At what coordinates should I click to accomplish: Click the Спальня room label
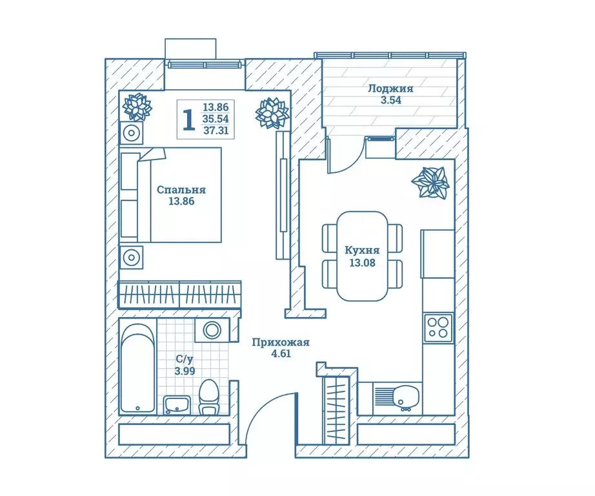pyautogui.click(x=181, y=189)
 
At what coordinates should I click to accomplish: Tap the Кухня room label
pyautogui.click(x=362, y=251)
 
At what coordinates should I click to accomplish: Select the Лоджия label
pyautogui.click(x=390, y=89)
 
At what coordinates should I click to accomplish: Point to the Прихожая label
pyautogui.click(x=281, y=342)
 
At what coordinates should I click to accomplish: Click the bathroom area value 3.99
pyautogui.click(x=185, y=371)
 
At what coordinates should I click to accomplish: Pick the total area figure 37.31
pyautogui.click(x=216, y=131)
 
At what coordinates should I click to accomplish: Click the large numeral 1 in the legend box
pyautogui.click(x=188, y=119)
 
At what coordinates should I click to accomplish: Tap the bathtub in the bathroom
pyautogui.click(x=137, y=368)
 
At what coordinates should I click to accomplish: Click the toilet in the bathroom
pyautogui.click(x=209, y=397)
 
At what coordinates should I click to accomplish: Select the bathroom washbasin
pyautogui.click(x=177, y=405)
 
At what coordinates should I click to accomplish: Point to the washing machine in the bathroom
pyautogui.click(x=212, y=329)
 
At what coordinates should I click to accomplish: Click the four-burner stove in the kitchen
pyautogui.click(x=438, y=327)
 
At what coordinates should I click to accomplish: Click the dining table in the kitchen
pyautogui.click(x=363, y=256)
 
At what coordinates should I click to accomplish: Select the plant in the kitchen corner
pyautogui.click(x=430, y=182)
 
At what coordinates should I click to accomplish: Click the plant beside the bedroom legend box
pyautogui.click(x=272, y=112)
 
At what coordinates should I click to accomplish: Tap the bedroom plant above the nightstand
pyautogui.click(x=137, y=107)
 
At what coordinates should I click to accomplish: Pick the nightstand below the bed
pyautogui.click(x=131, y=257)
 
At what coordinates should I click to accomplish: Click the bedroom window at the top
pyautogui.click(x=205, y=65)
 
